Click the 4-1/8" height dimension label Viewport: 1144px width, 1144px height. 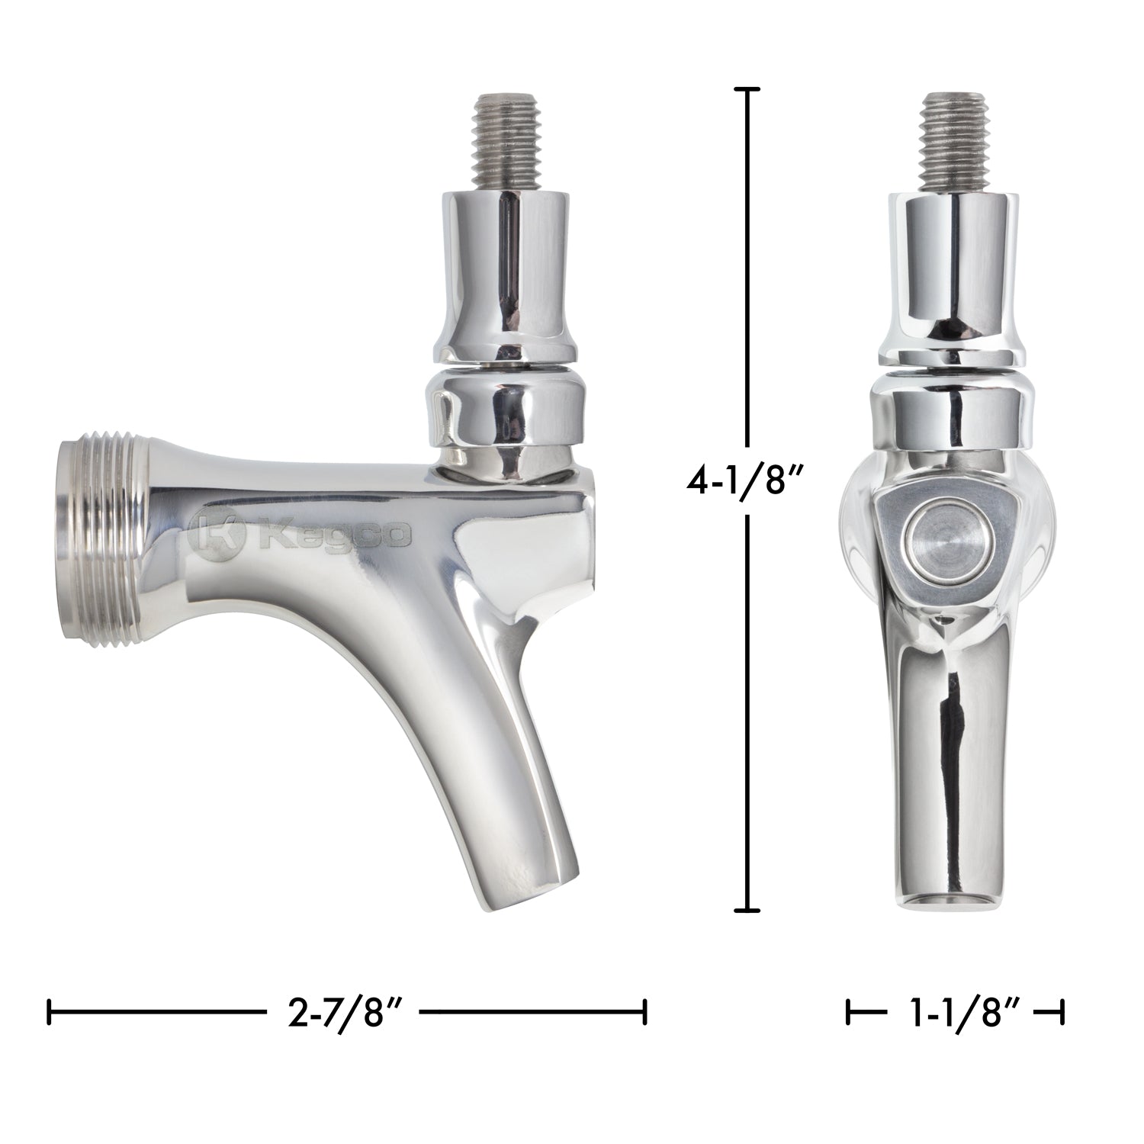click(747, 483)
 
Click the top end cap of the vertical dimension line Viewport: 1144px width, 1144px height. click(747, 90)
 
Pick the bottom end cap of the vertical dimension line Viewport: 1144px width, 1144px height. click(747, 910)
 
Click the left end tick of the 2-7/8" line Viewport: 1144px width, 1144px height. click(50, 1014)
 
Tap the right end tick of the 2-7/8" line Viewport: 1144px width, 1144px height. click(645, 1014)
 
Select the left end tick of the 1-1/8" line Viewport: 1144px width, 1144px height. click(849, 1014)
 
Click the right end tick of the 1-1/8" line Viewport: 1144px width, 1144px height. click(1062, 1014)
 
